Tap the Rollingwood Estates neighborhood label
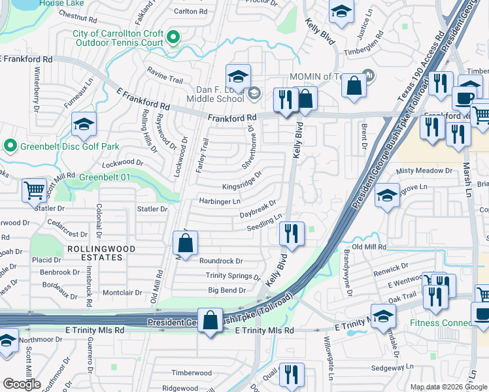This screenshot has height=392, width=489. (x=95, y=253)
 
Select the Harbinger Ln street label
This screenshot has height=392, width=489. (x=220, y=201)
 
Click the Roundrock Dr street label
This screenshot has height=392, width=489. (x=221, y=260)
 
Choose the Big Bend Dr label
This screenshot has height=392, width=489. (x=226, y=290)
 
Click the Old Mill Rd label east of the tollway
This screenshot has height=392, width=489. (x=369, y=247)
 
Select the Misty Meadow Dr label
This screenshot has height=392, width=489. (x=424, y=171)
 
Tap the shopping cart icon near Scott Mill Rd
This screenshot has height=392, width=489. (x=34, y=190)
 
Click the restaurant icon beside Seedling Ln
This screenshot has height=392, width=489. (x=291, y=233)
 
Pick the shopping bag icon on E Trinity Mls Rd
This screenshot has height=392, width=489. (x=210, y=321)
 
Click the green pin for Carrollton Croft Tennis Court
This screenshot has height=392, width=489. (x=173, y=38)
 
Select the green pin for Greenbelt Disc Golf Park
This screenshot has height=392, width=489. (x=10, y=145)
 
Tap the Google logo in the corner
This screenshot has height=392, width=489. (x=22, y=384)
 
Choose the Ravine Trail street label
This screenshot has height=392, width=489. (x=165, y=79)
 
